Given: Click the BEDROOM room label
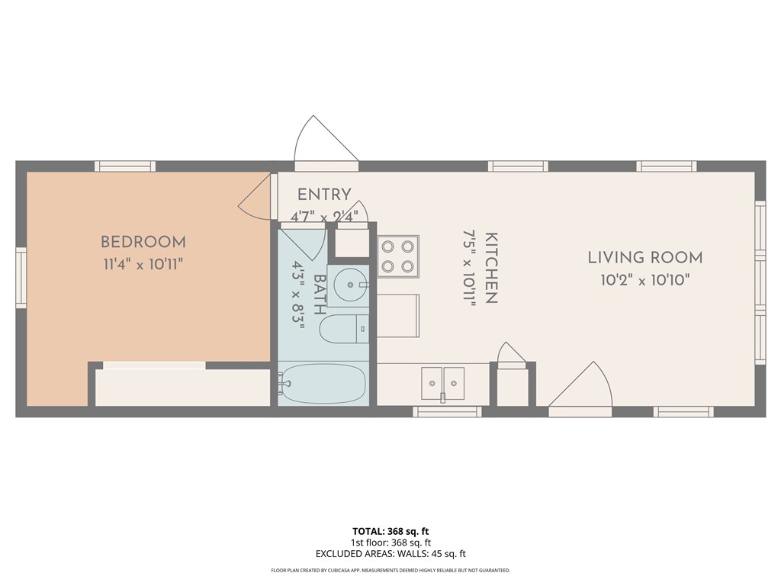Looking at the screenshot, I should pyautogui.click(x=143, y=243).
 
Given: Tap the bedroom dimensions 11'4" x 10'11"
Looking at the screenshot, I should pyautogui.click(x=143, y=264).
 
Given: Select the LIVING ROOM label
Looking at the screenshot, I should pyautogui.click(x=644, y=258).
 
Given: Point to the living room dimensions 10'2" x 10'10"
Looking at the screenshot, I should pyautogui.click(x=644, y=280).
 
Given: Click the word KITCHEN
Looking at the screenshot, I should pyautogui.click(x=491, y=269).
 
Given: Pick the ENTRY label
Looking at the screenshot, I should pyautogui.click(x=324, y=195).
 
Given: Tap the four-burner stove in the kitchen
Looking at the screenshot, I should pyautogui.click(x=398, y=256).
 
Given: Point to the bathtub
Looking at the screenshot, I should pyautogui.click(x=323, y=384).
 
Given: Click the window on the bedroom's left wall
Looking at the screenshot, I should pyautogui.click(x=21, y=279).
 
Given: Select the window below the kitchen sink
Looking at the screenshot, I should pyautogui.click(x=447, y=412).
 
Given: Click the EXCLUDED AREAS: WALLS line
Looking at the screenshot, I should pyautogui.click(x=390, y=554).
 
